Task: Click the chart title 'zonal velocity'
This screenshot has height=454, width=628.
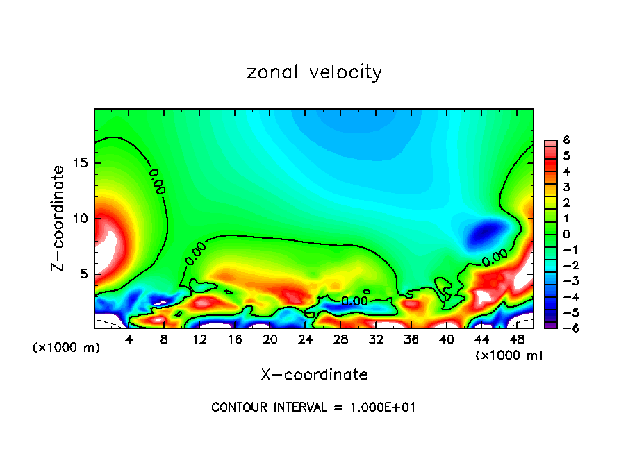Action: [x=314, y=72]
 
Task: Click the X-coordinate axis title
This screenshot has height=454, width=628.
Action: [x=314, y=375]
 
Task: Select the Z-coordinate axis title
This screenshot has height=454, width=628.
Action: [x=58, y=218]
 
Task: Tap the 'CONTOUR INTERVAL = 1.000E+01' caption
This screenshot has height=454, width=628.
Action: [x=313, y=407]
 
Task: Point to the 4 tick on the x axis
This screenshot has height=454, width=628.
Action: [x=129, y=339]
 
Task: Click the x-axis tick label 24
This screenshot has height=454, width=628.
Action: [x=305, y=339]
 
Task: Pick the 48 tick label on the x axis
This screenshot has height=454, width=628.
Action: [x=516, y=339]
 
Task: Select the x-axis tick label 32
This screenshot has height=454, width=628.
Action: [x=375, y=339]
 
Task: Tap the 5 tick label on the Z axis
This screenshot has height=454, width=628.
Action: [x=83, y=274]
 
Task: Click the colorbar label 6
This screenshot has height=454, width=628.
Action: [x=567, y=140]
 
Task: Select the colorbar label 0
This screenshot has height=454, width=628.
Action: [x=567, y=234]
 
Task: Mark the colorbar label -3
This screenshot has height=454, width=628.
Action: [x=564, y=280]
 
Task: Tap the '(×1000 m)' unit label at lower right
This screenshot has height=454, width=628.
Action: [x=509, y=355]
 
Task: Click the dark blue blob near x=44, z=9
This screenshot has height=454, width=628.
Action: [x=484, y=232]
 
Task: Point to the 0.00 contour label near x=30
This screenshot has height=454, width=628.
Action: [x=354, y=301]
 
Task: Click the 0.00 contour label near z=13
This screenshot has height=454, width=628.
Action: [x=157, y=180]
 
